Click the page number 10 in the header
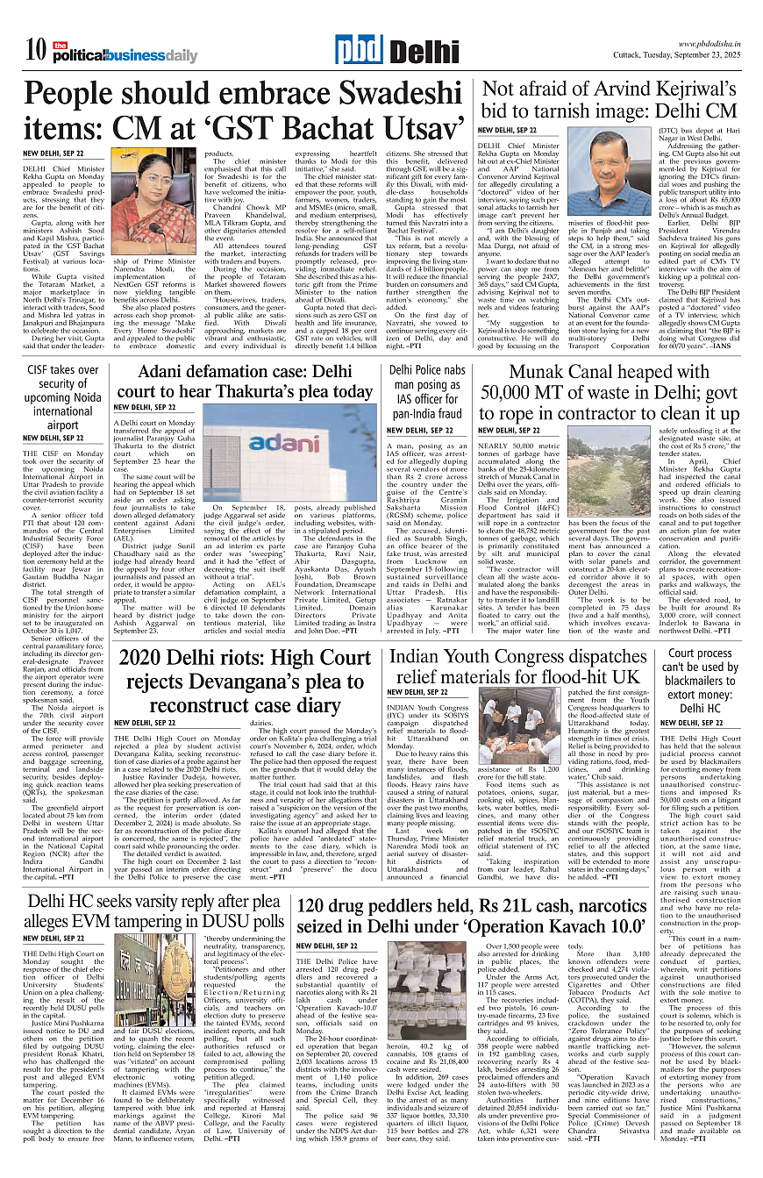[x=35, y=51]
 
